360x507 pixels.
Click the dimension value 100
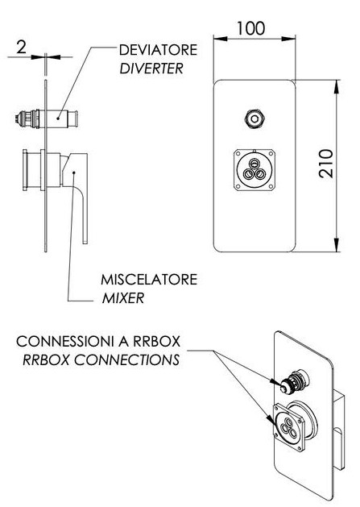coord(250,28)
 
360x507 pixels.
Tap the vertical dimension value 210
coord(325,163)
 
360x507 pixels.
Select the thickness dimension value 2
coord(21,48)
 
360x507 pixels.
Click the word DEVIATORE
coord(158,50)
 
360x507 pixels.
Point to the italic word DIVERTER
coord(151,69)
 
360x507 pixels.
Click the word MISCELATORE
coord(149,280)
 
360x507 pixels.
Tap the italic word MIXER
coord(123,298)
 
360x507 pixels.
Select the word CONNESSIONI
coord(65,342)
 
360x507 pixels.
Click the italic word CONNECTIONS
coord(127,359)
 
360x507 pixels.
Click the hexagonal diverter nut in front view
coord(254,118)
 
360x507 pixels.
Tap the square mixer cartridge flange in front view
coord(254,170)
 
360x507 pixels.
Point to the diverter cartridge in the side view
coord(47,118)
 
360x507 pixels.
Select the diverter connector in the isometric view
coord(294,381)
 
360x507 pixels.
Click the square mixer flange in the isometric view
coord(289,427)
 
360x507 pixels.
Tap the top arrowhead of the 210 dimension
coord(337,87)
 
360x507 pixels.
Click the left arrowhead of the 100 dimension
coord(221,39)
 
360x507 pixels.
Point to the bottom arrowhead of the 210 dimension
coord(337,245)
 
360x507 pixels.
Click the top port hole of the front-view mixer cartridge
coord(254,162)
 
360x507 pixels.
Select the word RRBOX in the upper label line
coord(156,342)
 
